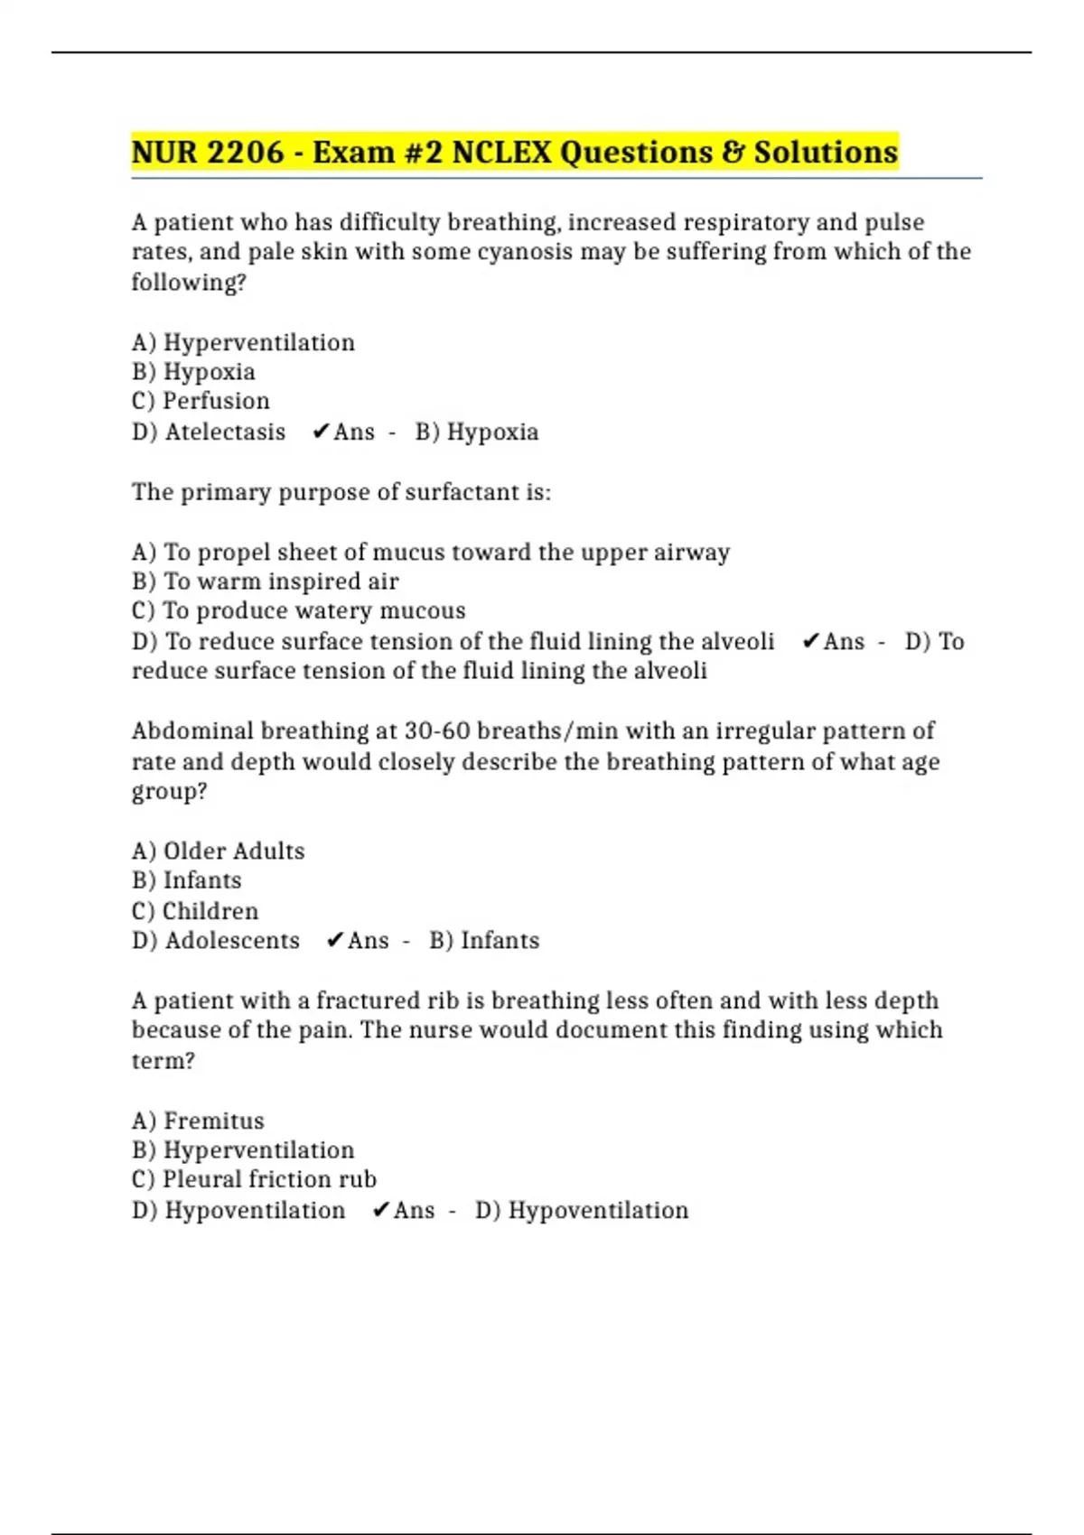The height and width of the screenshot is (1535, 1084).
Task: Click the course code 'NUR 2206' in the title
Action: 208,152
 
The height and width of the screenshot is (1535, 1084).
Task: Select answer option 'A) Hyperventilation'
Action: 243,342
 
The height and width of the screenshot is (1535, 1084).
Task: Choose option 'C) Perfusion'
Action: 201,401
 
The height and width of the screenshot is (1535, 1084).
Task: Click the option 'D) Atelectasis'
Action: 209,432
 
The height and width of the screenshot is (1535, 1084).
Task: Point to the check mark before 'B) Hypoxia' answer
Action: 320,432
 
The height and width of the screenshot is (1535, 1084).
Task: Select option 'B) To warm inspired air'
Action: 265,581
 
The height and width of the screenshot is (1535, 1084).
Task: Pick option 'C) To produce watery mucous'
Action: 298,611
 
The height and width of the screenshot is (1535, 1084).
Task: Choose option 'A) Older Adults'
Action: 218,851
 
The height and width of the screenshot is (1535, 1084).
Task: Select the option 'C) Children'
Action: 195,910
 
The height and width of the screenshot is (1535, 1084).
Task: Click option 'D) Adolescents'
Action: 216,940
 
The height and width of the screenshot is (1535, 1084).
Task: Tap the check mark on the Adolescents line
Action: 334,940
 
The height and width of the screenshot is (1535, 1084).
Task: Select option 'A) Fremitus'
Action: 198,1121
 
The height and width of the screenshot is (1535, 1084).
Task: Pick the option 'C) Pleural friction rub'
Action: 254,1179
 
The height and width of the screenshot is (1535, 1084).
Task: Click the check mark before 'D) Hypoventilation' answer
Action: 380,1210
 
